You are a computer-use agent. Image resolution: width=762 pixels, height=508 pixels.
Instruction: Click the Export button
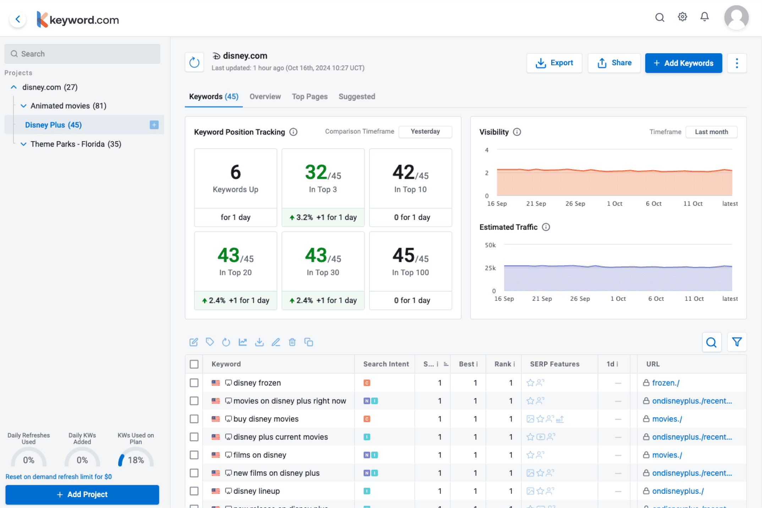click(x=554, y=63)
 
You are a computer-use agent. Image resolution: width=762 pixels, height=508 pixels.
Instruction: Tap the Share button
click(x=614, y=63)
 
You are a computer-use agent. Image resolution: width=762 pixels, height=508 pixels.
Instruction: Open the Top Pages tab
click(x=309, y=96)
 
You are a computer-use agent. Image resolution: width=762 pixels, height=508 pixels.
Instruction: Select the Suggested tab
click(x=357, y=96)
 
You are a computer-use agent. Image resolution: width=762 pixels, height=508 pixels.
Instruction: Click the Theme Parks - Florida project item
click(x=76, y=144)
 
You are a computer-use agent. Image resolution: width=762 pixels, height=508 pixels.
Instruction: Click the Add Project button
click(x=82, y=495)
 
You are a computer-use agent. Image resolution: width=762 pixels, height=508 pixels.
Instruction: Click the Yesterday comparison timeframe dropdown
click(x=425, y=132)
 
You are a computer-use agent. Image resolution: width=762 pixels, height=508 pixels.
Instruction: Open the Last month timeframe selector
click(x=711, y=132)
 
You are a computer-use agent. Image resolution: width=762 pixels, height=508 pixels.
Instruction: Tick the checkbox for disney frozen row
click(x=194, y=383)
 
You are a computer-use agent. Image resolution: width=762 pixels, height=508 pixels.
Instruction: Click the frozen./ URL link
click(x=665, y=383)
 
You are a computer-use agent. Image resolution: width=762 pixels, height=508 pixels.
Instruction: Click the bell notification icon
click(x=705, y=17)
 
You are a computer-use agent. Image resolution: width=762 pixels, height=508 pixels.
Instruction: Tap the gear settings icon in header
click(x=682, y=17)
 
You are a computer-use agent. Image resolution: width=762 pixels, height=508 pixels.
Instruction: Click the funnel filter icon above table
click(x=737, y=342)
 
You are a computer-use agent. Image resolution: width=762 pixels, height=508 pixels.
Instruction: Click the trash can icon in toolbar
click(x=292, y=342)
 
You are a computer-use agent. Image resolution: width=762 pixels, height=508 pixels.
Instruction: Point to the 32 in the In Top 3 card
click(x=316, y=172)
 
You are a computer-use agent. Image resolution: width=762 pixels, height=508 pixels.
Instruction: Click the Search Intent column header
click(x=386, y=364)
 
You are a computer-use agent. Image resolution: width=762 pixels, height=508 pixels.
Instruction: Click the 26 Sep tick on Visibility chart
click(x=575, y=204)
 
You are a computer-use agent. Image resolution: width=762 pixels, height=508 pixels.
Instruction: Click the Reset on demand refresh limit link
click(x=59, y=477)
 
